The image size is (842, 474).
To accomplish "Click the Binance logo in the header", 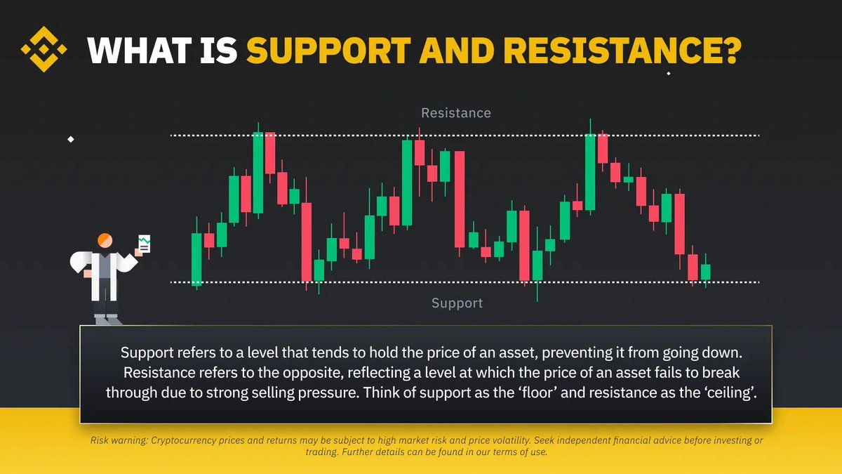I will click(44, 49).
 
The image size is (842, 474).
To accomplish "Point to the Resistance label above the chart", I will click(456, 113).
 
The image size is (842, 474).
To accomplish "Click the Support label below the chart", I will click(457, 303).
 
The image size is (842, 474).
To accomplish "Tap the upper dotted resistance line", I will click(491, 135).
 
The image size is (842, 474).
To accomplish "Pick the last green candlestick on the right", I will click(705, 272).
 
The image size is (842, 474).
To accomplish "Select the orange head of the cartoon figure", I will click(105, 240).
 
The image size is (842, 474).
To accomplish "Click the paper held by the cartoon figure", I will click(145, 245).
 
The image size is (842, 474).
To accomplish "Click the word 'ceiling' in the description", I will click(733, 392).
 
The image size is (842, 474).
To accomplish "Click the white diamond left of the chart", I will click(70, 139).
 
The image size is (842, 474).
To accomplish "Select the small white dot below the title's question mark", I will click(668, 73).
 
